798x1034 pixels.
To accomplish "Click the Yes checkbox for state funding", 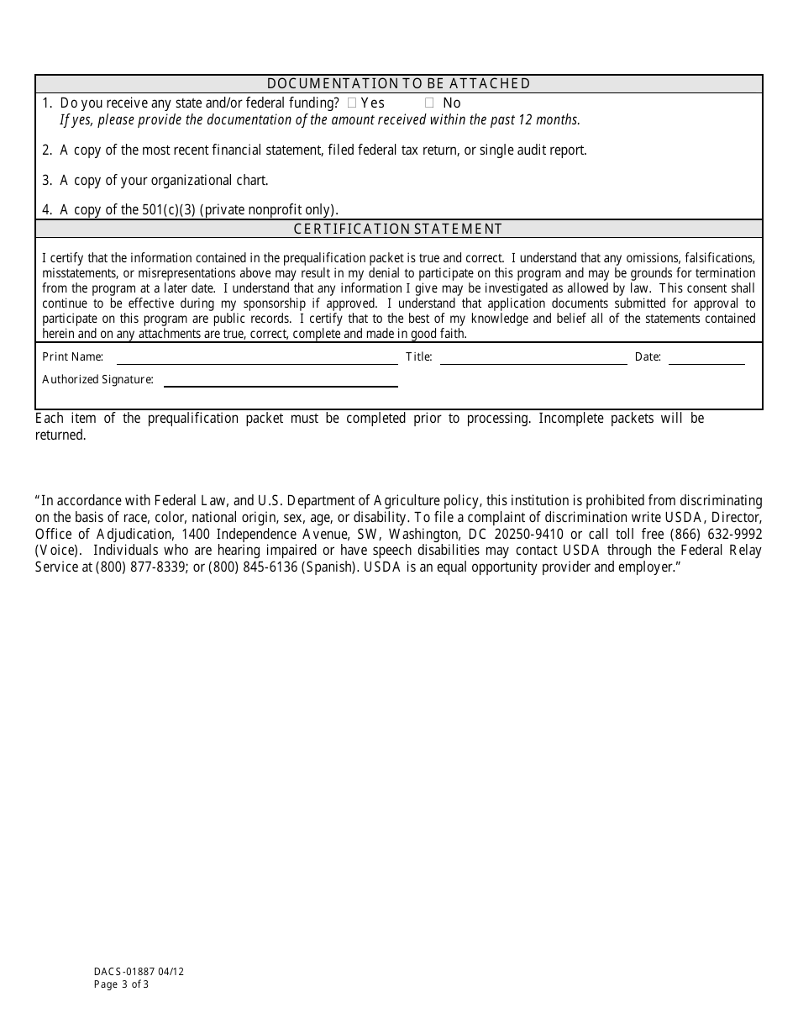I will pyautogui.click(x=352, y=103).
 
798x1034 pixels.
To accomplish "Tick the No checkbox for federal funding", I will pyautogui.click(x=429, y=103).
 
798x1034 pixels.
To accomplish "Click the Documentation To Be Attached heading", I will pyautogui.click(x=398, y=83).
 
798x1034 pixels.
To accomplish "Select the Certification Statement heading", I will pyautogui.click(x=398, y=229).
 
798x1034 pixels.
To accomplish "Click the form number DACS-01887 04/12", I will pyautogui.click(x=139, y=971).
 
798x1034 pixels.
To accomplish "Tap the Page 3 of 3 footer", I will pyautogui.click(x=121, y=984).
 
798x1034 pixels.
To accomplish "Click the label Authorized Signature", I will pyautogui.click(x=97, y=380).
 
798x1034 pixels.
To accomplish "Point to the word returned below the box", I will pyautogui.click(x=60, y=435).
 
